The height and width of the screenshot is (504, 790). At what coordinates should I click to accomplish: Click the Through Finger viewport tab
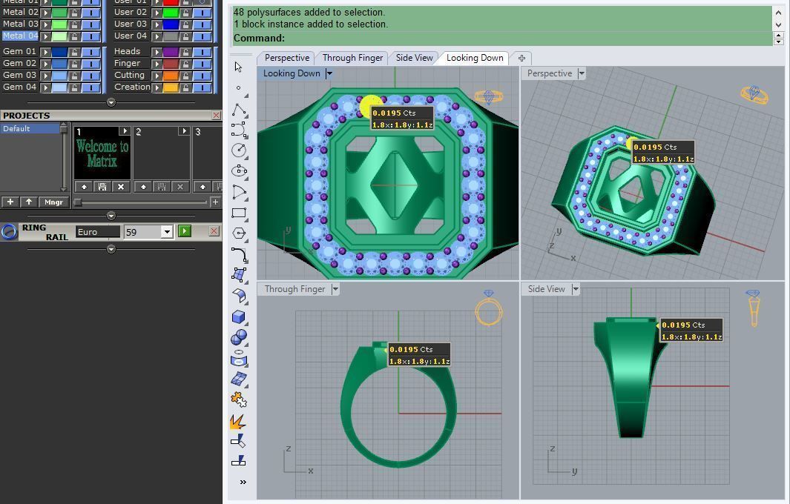coord(352,58)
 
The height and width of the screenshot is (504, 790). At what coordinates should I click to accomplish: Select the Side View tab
coord(414,58)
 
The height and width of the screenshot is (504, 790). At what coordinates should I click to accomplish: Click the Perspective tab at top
coord(287,58)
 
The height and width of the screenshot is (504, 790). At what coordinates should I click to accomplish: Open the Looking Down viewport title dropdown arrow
coord(329,73)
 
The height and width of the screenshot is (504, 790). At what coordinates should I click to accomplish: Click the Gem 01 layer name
coord(19,51)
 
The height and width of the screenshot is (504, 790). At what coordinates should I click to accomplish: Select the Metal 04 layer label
coord(20,36)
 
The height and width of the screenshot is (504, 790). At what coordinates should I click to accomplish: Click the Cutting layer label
coord(129,75)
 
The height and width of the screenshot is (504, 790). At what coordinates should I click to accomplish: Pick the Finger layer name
coord(127,63)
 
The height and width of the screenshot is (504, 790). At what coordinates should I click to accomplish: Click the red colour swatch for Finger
coord(171,63)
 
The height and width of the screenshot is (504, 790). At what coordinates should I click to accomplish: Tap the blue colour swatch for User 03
coord(171,24)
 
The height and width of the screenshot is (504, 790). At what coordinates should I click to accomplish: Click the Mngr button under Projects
coord(53,202)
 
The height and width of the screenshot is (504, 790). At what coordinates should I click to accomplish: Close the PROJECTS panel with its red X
coord(216,116)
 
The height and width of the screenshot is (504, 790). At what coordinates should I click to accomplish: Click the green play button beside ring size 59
coord(185,231)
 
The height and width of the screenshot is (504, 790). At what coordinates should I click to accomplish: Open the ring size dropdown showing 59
coord(167,232)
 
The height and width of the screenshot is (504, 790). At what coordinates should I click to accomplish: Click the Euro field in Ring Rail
coord(98,232)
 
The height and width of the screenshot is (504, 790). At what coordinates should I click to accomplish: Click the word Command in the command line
coord(259,39)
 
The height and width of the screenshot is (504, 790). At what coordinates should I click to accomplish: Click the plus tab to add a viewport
coord(521,58)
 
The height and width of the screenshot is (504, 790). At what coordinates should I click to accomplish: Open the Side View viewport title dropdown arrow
coord(576,289)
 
